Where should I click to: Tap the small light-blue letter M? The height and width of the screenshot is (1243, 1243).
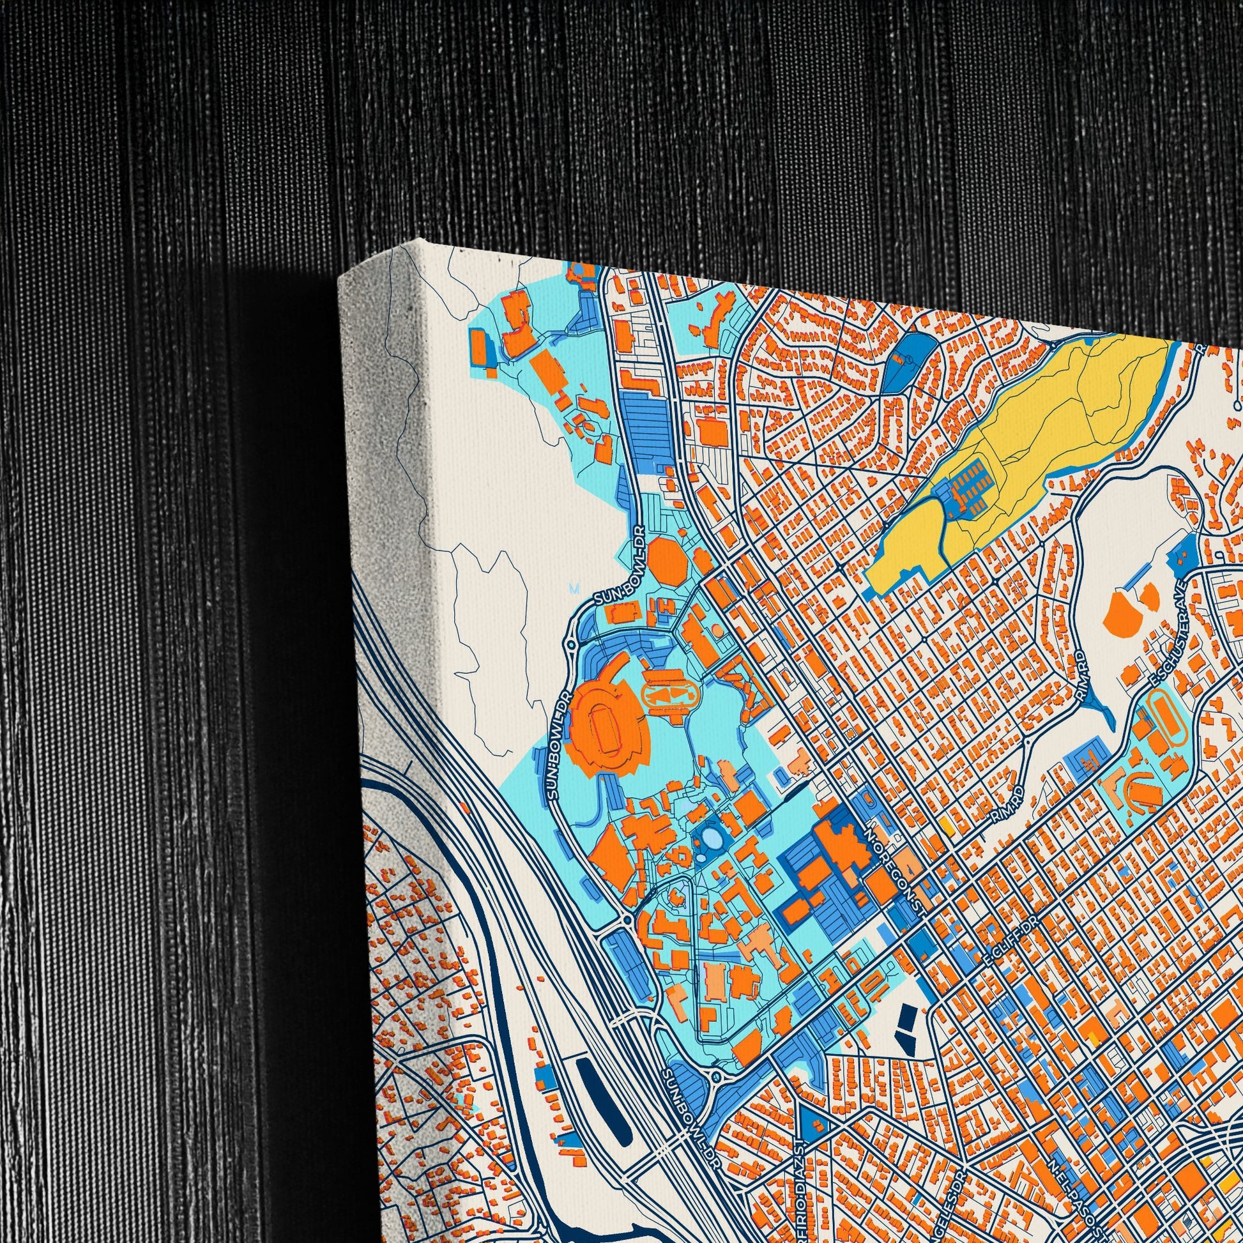click(x=574, y=588)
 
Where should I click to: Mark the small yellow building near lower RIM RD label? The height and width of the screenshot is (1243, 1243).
click(x=946, y=825)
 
